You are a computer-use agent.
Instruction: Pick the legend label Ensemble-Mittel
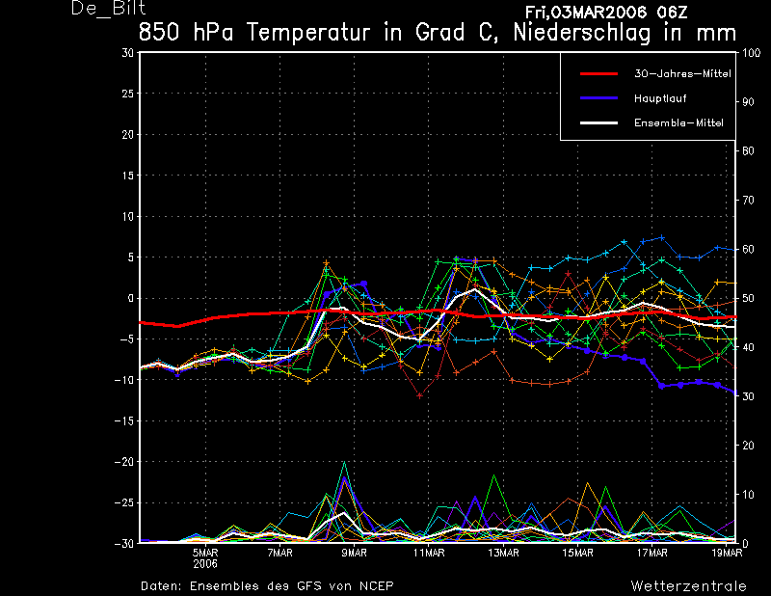point(678,122)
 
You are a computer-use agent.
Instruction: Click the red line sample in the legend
point(598,73)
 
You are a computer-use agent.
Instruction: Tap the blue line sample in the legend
point(598,98)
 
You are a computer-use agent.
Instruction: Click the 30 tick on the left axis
point(127,53)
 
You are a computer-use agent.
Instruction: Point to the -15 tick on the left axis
point(124,421)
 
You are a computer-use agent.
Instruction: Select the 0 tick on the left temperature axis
point(130,298)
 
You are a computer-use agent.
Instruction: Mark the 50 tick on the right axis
point(747,298)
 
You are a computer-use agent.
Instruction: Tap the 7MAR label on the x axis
point(279,554)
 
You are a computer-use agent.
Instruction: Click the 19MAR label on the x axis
point(726,554)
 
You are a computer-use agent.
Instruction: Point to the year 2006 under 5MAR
point(205,564)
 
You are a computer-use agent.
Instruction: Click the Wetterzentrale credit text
point(688,585)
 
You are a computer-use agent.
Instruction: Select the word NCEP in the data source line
point(374,585)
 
